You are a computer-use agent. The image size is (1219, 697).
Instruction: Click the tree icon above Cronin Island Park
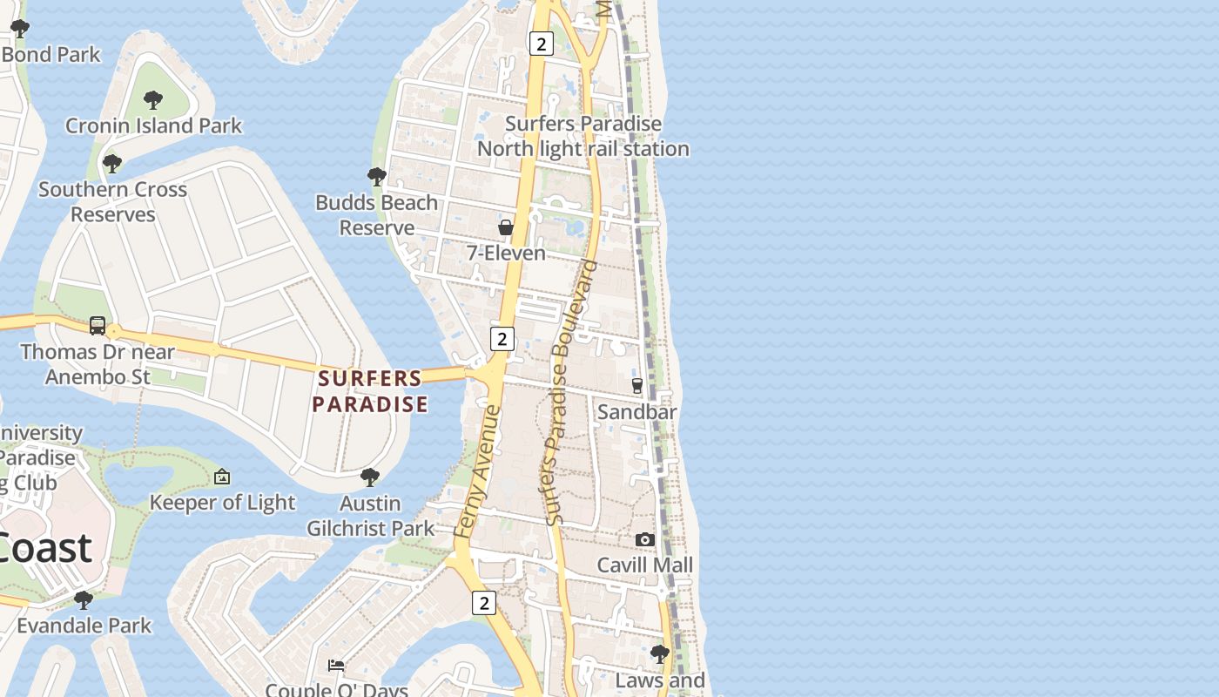[153, 99]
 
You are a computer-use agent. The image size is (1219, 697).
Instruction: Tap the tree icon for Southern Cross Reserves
[111, 163]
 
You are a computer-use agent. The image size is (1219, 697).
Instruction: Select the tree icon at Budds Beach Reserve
[376, 177]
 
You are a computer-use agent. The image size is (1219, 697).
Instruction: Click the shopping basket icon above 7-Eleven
[505, 227]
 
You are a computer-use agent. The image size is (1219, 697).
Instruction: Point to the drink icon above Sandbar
[636, 385]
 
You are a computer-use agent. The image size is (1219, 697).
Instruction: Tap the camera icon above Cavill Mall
[644, 539]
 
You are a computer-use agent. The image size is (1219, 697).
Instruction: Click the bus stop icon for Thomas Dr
[98, 326]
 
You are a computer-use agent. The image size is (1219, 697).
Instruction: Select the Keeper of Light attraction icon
[222, 477]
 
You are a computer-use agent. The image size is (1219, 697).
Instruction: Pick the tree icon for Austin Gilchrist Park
[370, 477]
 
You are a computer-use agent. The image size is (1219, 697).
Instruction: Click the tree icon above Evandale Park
[84, 599]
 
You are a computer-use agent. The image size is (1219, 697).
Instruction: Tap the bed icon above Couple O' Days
[336, 666]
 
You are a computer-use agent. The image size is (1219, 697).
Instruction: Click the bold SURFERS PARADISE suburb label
[370, 391]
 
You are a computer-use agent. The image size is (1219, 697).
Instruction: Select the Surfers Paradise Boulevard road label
[570, 392]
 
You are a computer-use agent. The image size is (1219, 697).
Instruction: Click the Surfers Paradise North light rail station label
[583, 137]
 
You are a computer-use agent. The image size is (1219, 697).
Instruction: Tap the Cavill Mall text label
[644, 565]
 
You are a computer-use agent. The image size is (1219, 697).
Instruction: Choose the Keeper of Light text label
[223, 503]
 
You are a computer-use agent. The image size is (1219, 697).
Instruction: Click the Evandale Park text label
[84, 626]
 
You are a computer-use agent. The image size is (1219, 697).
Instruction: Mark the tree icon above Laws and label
[660, 653]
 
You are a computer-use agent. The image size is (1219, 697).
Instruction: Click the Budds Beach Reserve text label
[376, 215]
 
